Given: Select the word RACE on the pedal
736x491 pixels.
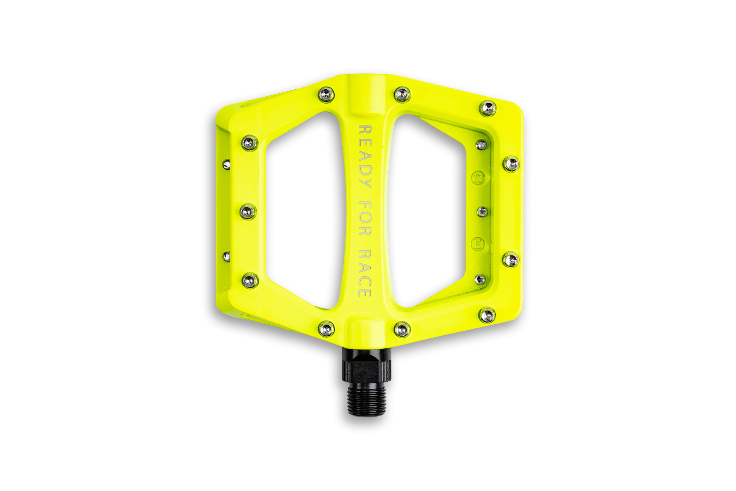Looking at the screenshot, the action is [365, 273].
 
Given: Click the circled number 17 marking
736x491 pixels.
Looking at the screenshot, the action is [478, 178].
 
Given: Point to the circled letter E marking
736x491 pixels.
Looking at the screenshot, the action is [478, 244].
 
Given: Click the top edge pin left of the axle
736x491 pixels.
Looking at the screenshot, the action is [326, 94].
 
